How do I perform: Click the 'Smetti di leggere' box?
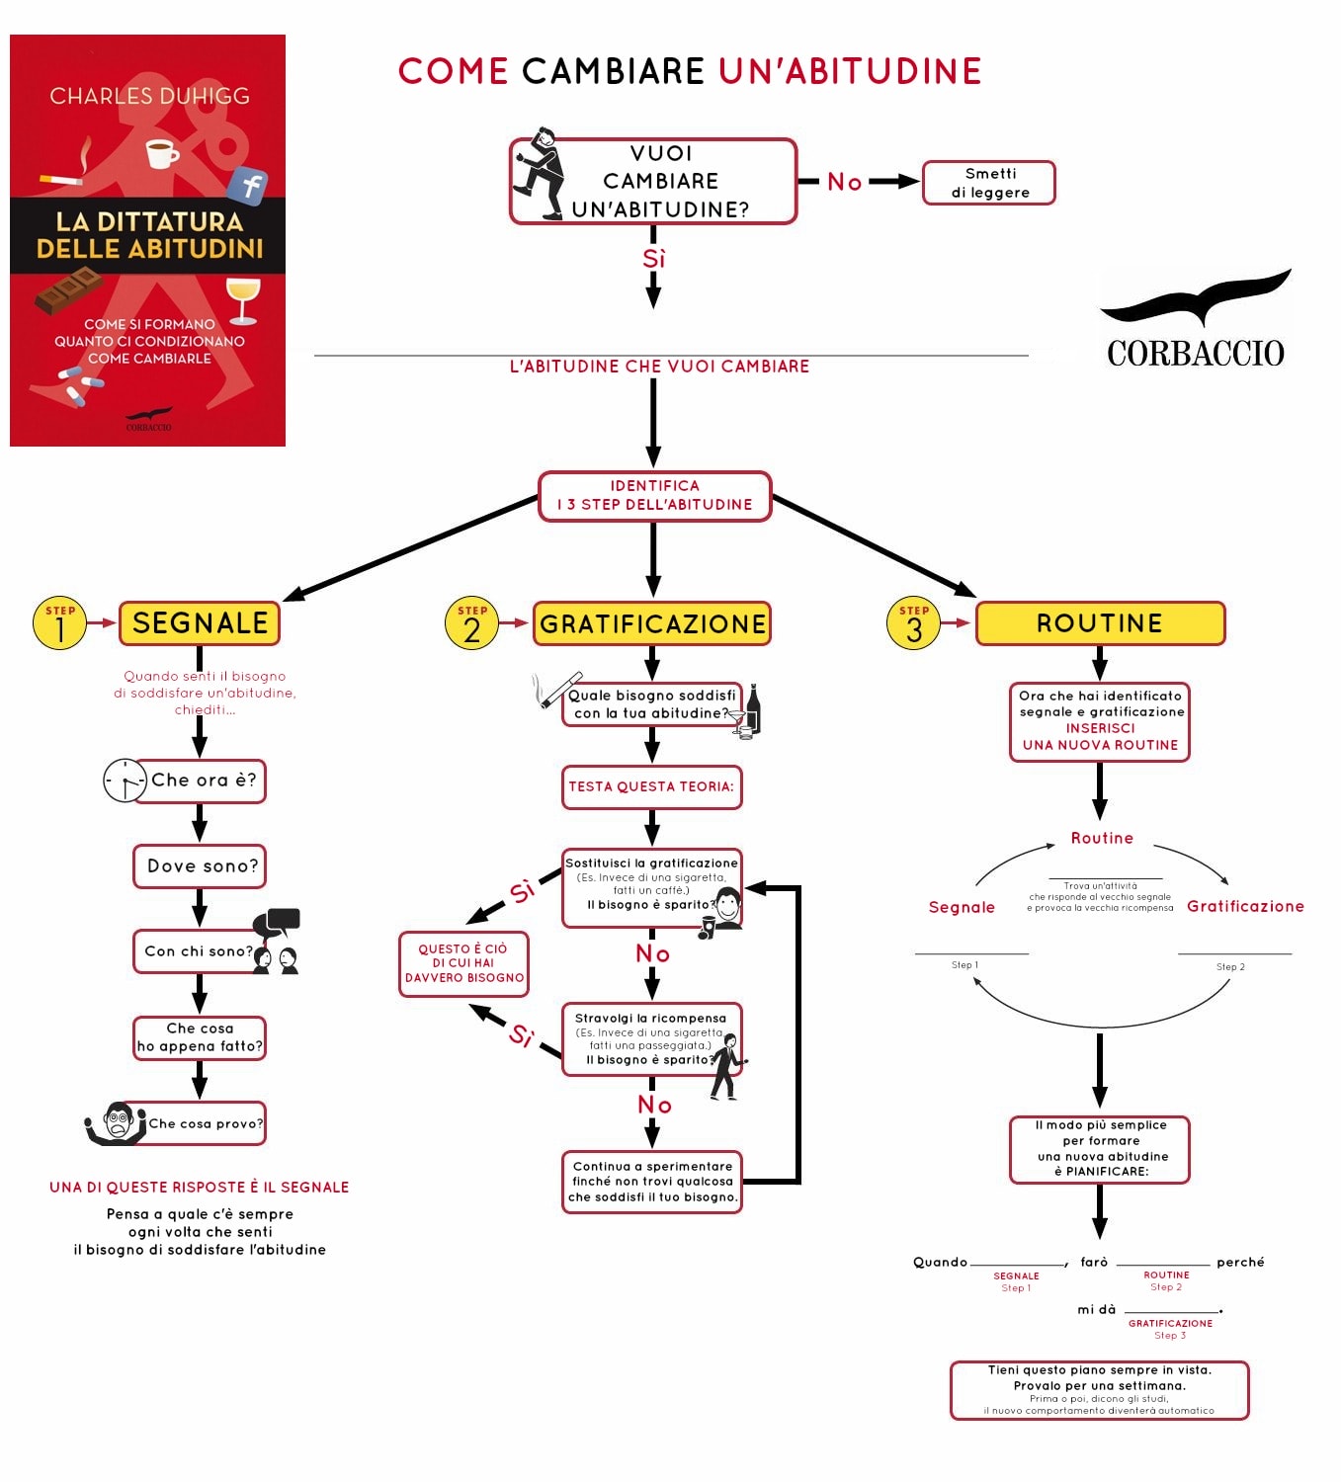click(x=988, y=183)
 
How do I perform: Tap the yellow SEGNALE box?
click(x=200, y=623)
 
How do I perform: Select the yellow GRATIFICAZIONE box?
click(x=652, y=624)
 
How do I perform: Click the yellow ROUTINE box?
click(x=1100, y=623)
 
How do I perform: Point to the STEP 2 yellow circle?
click(x=471, y=623)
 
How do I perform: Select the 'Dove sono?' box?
click(x=201, y=866)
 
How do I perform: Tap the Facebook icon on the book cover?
click(x=248, y=185)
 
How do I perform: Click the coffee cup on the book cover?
click(x=161, y=154)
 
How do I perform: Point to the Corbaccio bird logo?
click(x=1198, y=298)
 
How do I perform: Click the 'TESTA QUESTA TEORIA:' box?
click(x=651, y=787)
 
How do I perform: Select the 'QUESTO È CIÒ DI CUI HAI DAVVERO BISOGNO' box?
click(x=463, y=963)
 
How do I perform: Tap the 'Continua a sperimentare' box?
click(x=652, y=1182)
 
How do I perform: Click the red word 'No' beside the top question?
click(x=845, y=182)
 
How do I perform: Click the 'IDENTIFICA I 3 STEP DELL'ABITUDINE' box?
click(x=654, y=496)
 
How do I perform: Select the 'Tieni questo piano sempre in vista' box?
click(x=1099, y=1390)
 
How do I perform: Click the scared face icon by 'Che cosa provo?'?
click(x=119, y=1123)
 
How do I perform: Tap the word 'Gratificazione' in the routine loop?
click(x=1245, y=907)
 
